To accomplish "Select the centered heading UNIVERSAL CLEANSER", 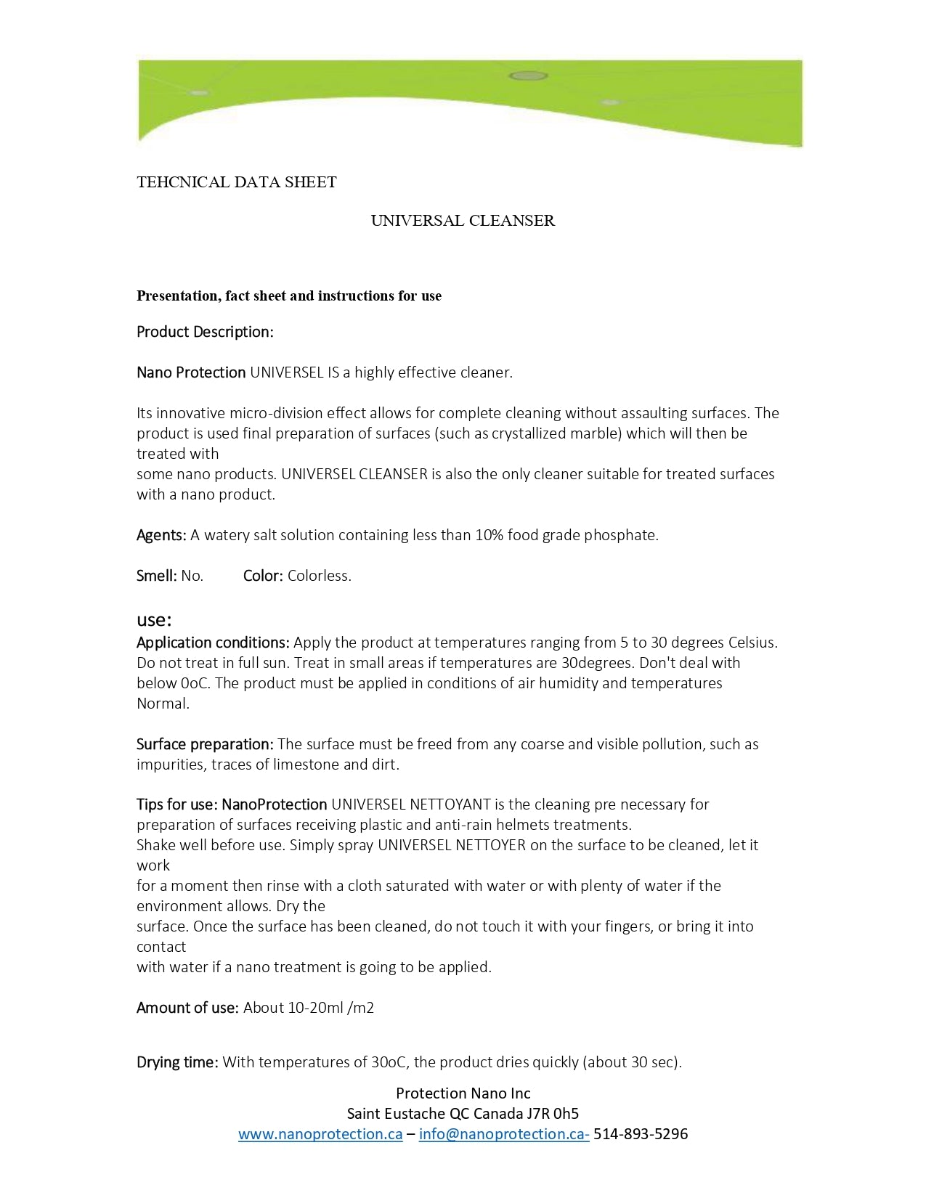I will coord(463,221).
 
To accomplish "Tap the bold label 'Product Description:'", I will coord(205,332).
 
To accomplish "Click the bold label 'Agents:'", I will coord(162,535).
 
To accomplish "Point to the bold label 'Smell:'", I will coord(157,576).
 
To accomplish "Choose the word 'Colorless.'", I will coord(320,576).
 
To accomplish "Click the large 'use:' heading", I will coord(154,620).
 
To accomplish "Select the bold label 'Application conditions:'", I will coord(214,643).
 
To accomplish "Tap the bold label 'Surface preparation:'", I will coord(205,744).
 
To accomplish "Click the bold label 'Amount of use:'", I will coord(187,1008).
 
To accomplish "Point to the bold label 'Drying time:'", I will coord(177,1062).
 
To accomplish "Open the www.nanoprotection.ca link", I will coord(320,1134).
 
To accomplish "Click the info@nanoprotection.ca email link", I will coord(504,1134).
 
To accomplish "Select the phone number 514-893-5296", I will coord(641,1134).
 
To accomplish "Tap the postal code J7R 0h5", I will coord(553,1114).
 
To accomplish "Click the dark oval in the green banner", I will coord(528,76).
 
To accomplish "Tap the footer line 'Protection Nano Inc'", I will coord(463,1093).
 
